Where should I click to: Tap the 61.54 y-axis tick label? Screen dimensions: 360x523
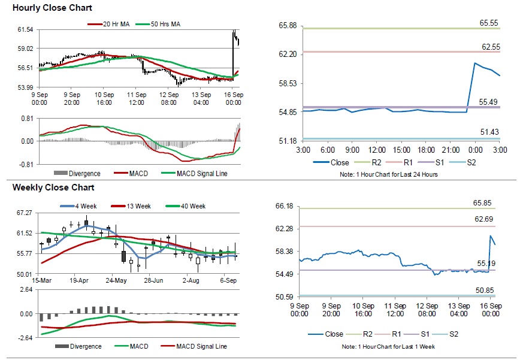[x=25, y=29]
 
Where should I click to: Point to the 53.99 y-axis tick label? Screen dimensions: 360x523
[x=25, y=87]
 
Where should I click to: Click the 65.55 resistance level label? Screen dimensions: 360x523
[x=489, y=23]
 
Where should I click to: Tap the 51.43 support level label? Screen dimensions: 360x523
[x=489, y=132]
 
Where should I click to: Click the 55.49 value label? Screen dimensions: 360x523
[x=489, y=102]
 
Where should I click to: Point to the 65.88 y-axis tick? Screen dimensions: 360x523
[x=288, y=25]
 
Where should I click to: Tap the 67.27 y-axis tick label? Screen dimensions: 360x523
[x=25, y=213]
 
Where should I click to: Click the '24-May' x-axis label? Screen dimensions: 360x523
[x=116, y=280]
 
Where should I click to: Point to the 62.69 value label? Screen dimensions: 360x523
[x=483, y=219]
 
